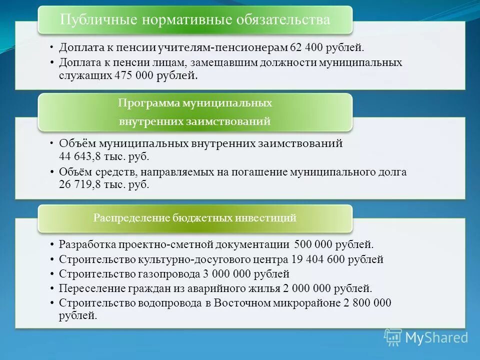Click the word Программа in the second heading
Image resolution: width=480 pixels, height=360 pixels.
coord(148,103)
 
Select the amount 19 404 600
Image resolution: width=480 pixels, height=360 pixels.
coord(318,259)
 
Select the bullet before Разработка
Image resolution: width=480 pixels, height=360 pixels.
coord(52,245)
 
